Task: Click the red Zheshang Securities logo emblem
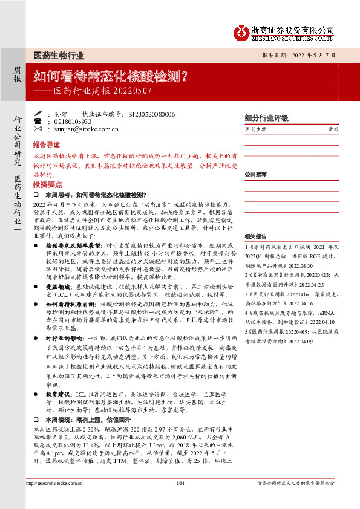pyautogui.click(x=243, y=30)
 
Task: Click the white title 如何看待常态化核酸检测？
pyautogui.click(x=109, y=77)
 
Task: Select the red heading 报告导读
pyautogui.click(x=47, y=146)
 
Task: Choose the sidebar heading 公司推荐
pyautogui.click(x=256, y=173)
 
